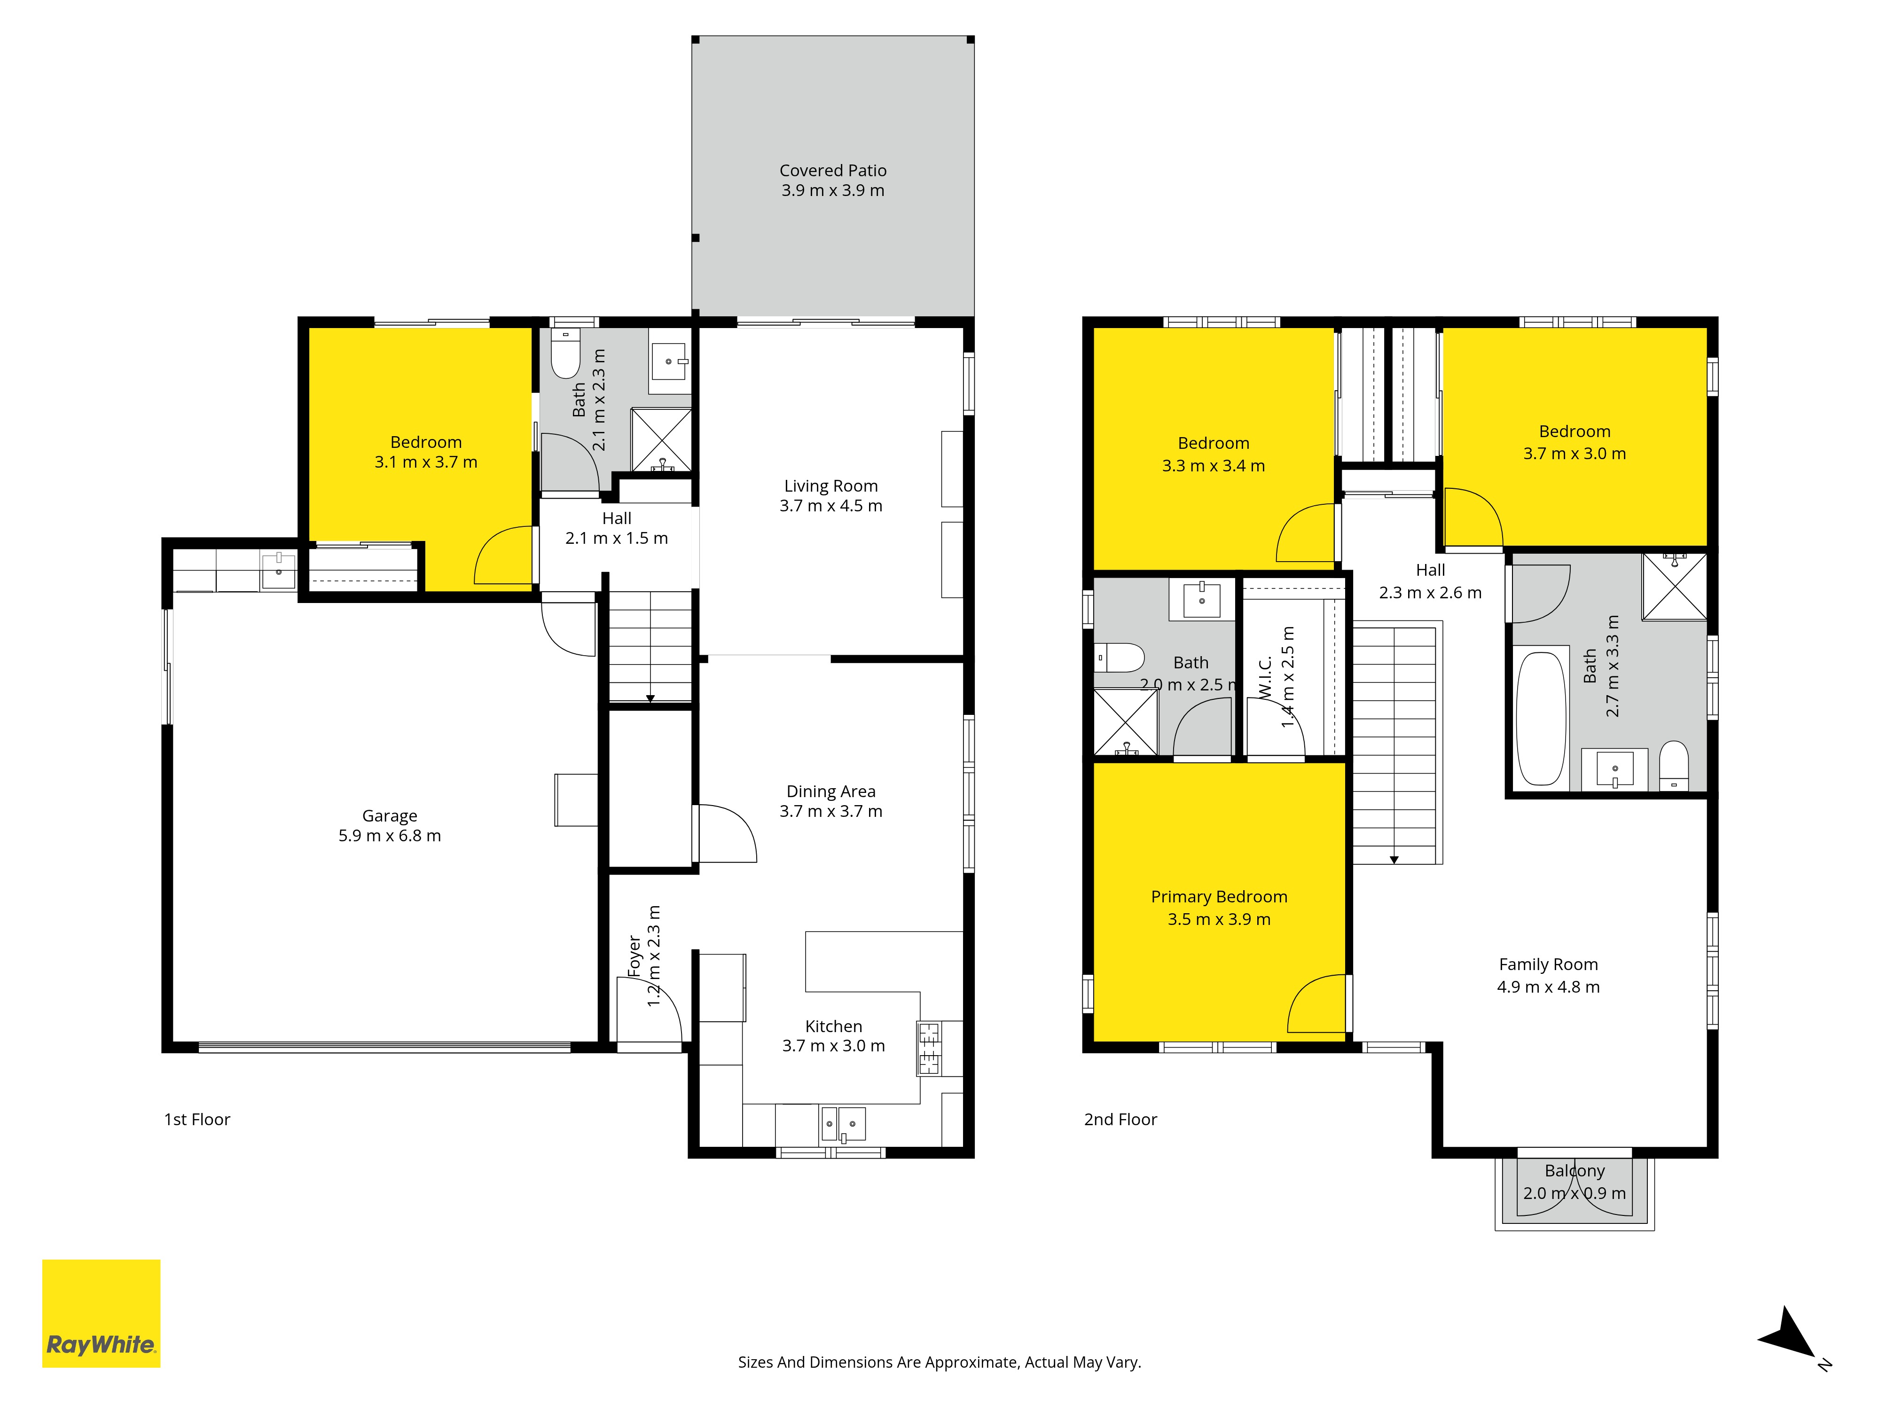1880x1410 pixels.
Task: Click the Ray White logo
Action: coord(101,1313)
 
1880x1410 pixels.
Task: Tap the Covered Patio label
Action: coord(833,171)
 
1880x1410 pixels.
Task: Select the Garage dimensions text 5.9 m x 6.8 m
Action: coord(390,836)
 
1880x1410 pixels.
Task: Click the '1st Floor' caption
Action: coord(197,1120)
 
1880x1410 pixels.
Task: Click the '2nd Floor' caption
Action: coord(1120,1120)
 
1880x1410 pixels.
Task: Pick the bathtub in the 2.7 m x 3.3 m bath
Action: coord(1542,718)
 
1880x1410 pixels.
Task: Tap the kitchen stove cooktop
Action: coord(929,1048)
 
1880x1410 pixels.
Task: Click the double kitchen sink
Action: coord(843,1124)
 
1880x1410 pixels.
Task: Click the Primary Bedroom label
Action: coord(1219,897)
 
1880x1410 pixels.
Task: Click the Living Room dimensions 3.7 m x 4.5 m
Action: coord(831,506)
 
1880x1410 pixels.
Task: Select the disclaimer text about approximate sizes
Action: coord(939,1362)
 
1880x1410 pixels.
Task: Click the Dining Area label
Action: coord(831,791)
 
